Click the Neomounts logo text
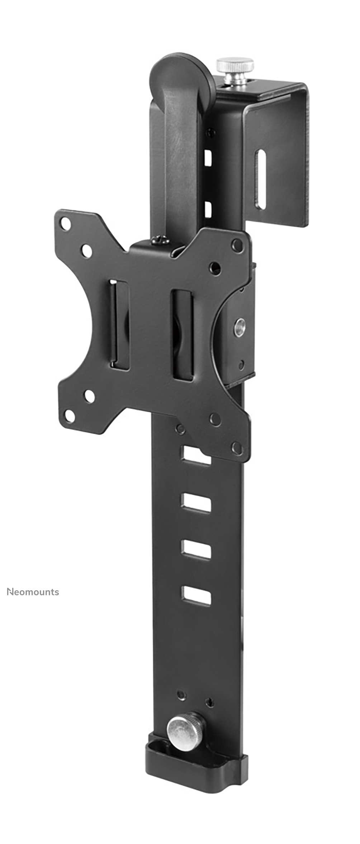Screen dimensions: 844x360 (33, 592)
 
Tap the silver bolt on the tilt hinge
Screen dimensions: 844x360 (240, 327)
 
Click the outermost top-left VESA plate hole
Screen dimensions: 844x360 (66, 224)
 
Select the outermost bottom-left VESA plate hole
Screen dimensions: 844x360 (70, 416)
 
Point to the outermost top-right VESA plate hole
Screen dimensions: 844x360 (237, 245)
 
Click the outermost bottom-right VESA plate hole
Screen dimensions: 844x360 (237, 448)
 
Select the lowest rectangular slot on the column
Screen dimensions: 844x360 (196, 596)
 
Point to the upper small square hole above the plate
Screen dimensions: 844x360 (208, 158)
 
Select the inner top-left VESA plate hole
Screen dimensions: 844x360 (86, 251)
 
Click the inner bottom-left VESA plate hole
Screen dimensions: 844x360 (89, 396)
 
